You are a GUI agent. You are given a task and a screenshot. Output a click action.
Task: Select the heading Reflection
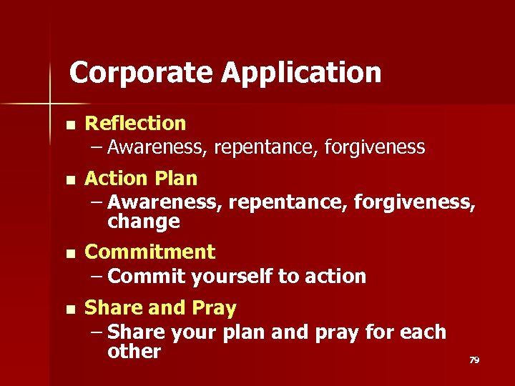[x=135, y=124]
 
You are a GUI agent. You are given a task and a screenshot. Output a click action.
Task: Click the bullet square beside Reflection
[x=69, y=124]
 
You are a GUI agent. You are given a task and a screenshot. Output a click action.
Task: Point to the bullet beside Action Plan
[x=69, y=179]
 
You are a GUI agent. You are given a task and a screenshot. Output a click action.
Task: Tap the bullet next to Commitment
[x=69, y=253]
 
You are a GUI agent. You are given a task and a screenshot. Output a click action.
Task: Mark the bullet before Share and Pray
[x=69, y=310]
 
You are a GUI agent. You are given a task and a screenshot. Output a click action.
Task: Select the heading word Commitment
[x=149, y=252]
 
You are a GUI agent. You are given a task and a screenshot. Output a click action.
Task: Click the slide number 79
[x=474, y=360]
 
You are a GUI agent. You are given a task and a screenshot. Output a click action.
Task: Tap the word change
[x=143, y=222]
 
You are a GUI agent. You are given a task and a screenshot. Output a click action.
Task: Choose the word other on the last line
[x=134, y=352]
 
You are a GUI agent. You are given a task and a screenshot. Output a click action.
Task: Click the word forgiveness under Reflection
[x=374, y=148]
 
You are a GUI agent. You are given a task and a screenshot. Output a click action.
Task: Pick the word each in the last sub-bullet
[x=423, y=332]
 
